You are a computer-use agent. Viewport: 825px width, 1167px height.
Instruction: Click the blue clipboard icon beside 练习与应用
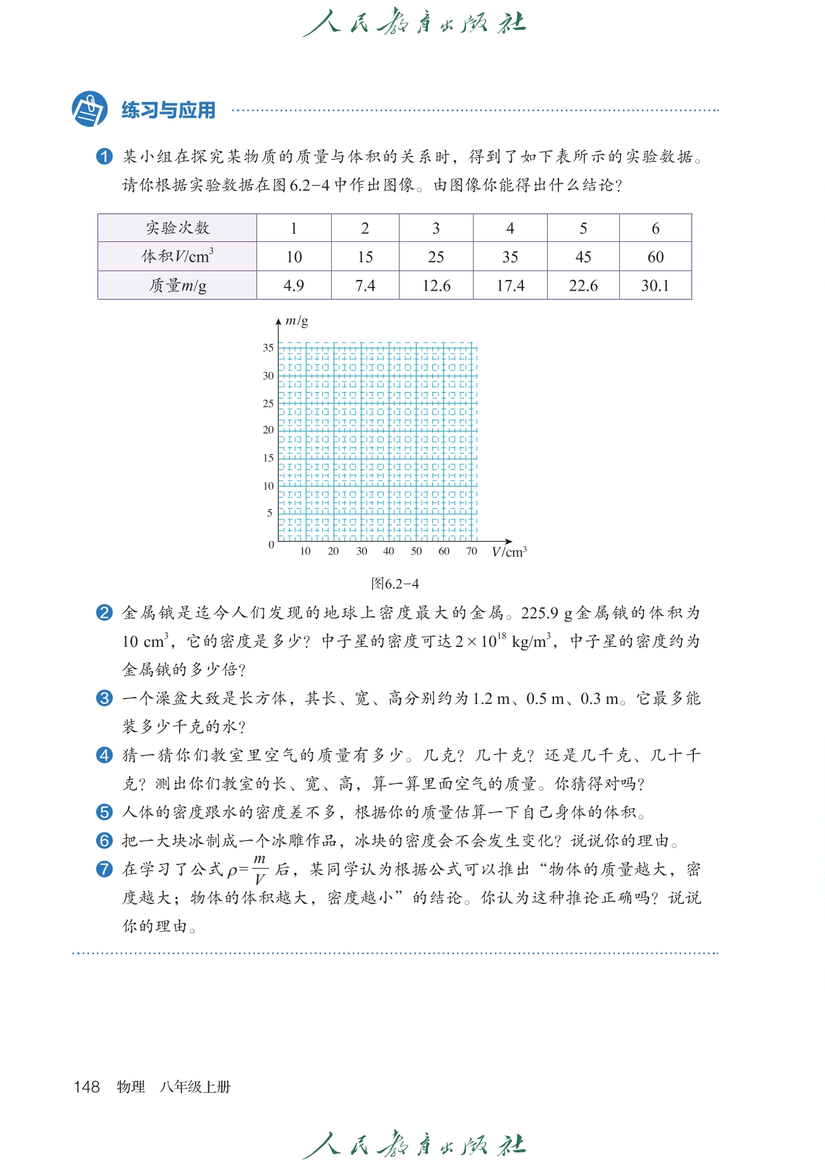coord(89,109)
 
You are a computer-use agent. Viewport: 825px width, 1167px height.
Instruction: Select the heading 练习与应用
coord(168,110)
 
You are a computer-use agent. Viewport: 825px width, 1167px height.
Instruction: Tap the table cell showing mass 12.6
coord(436,286)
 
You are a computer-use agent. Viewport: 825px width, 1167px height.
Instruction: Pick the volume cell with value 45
coord(583,257)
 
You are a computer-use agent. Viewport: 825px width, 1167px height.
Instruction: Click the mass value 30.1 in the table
coord(655,286)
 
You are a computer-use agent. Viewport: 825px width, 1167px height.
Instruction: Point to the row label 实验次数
coord(177,228)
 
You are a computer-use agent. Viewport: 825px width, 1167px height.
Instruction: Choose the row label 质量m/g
coord(177,286)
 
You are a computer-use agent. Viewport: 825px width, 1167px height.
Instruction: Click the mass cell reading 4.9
coord(294,286)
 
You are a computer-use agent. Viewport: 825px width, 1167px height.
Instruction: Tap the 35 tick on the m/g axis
coord(268,348)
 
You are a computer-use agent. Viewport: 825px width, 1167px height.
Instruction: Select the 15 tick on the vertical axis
coord(268,458)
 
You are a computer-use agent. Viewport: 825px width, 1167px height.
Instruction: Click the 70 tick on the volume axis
coord(472,551)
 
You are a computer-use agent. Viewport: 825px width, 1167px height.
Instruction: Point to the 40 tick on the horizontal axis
coord(389,551)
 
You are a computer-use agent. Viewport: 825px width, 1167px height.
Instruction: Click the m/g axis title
coord(297,321)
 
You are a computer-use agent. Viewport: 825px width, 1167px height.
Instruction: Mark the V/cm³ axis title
coord(509,552)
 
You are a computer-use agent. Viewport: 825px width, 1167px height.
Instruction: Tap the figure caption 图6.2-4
coord(395,583)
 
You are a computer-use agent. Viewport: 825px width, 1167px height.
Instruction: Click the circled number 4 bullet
coord(104,755)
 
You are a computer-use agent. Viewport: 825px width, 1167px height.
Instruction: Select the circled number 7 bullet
coord(104,869)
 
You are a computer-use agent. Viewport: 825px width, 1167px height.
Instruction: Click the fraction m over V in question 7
coord(260,869)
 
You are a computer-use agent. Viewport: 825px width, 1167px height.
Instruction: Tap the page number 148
coord(87,1087)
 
